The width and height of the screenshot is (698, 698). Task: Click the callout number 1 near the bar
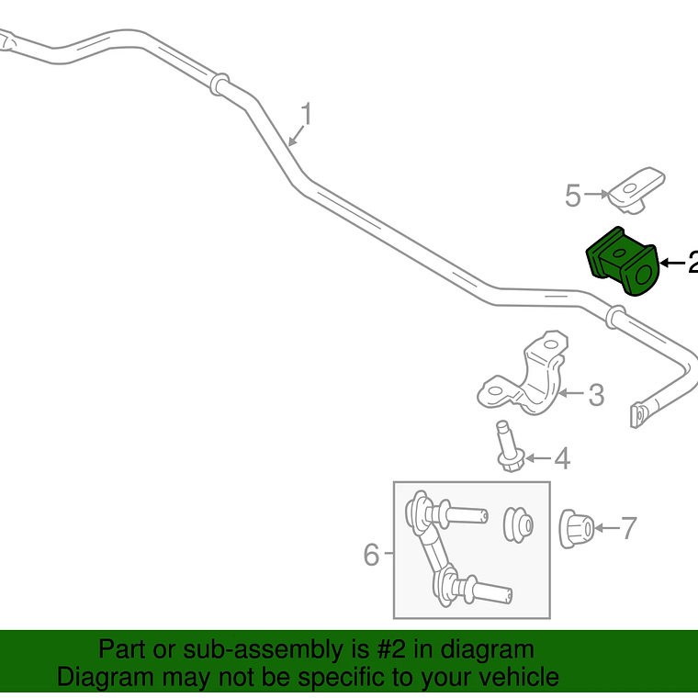tap(306, 114)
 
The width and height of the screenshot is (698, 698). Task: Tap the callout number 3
tap(596, 395)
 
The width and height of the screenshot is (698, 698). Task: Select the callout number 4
tap(562, 458)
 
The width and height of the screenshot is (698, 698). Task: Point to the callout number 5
tap(573, 196)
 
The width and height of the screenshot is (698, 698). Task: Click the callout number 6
tap(371, 555)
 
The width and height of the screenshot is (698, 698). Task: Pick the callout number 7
tap(628, 528)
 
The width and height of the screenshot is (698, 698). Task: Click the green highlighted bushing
tap(623, 261)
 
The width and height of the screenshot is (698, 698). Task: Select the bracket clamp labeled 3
tap(523, 373)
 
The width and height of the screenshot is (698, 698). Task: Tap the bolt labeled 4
tap(509, 446)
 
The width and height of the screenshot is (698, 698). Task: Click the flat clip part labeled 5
tap(636, 190)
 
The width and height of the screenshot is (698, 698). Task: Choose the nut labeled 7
tap(576, 528)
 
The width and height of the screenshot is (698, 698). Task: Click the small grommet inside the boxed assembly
tap(518, 525)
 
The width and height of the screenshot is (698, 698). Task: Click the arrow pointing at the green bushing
tap(672, 263)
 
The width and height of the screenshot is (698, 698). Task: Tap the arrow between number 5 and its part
tap(596, 194)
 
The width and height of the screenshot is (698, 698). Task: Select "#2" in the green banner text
tap(391, 649)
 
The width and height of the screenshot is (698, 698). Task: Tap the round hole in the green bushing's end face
tap(644, 275)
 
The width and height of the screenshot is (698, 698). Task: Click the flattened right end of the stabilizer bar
tap(637, 415)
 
